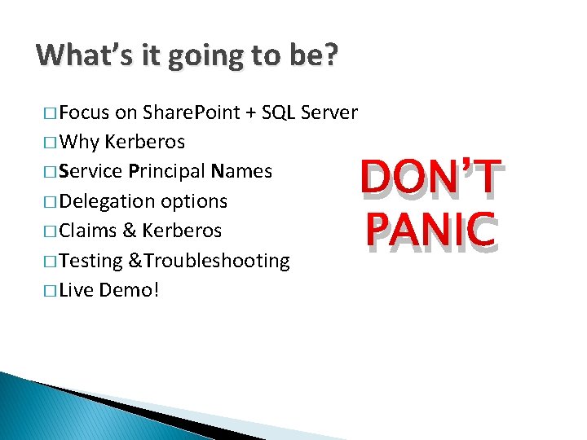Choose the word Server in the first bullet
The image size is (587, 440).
pos(329,112)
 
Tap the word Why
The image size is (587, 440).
pos(80,143)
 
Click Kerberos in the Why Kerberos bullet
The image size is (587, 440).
pos(145,143)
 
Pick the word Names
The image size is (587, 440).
pos(241,172)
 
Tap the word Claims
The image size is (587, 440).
pos(87,231)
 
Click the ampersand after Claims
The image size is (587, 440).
pos(128,231)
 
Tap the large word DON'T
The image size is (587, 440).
pos(430,177)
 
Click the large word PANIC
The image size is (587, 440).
pos(430,231)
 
